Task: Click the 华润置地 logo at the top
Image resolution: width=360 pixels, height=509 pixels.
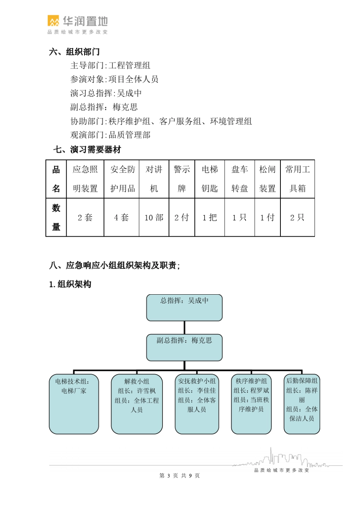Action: click(77, 25)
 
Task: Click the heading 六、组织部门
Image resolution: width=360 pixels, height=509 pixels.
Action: click(74, 52)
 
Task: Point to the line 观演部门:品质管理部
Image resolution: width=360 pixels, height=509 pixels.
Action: click(110, 135)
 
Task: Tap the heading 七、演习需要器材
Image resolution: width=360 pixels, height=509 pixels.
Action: click(87, 150)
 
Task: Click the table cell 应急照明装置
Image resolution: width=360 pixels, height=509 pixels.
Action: click(85, 179)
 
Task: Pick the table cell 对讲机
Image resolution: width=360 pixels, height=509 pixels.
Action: click(154, 179)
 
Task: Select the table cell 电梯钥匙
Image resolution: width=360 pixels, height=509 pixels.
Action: click(210, 179)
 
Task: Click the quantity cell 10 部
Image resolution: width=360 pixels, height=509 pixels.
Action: click(154, 217)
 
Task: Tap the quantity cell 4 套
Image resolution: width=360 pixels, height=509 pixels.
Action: click(122, 217)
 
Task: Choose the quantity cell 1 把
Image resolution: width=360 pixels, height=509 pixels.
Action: click(210, 217)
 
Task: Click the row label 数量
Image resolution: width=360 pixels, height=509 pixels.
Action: click(56, 217)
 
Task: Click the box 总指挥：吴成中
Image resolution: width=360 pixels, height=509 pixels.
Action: click(184, 308)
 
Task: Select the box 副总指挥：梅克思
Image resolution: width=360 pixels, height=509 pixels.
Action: click(184, 347)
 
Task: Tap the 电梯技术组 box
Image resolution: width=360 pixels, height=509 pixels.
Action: click(74, 404)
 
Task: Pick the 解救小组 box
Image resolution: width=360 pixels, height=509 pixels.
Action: click(137, 404)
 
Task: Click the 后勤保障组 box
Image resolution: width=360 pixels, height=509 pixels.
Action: click(302, 404)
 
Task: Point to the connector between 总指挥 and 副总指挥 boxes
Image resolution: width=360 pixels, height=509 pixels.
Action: click(185, 328)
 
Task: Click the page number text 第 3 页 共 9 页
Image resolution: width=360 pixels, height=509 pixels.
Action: click(180, 476)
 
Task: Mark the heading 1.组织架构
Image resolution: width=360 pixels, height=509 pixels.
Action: click(70, 284)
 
